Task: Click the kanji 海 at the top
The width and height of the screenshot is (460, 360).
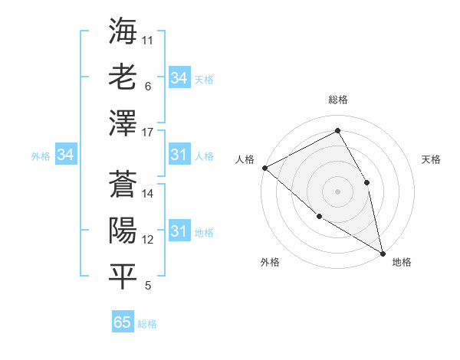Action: (x=123, y=31)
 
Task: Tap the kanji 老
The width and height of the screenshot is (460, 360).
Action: (x=123, y=77)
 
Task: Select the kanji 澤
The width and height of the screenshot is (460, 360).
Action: (x=123, y=123)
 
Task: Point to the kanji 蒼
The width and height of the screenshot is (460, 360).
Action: (x=123, y=183)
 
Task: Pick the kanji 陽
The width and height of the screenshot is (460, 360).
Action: (x=123, y=230)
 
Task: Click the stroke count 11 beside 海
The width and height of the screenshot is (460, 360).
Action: (x=148, y=40)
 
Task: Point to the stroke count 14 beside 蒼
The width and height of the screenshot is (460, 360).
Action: (x=149, y=194)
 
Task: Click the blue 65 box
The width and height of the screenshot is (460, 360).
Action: (x=123, y=322)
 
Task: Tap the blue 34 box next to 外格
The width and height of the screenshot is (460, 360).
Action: (x=65, y=155)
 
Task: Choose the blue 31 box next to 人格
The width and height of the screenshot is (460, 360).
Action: (x=179, y=155)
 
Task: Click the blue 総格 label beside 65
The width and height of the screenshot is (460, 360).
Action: (x=147, y=324)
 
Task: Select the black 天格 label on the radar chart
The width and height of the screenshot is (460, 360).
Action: (x=432, y=159)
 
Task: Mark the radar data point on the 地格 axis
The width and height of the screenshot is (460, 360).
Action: (x=382, y=253)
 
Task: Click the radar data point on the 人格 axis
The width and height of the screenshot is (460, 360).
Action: (x=264, y=168)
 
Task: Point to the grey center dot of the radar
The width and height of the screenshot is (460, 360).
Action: (x=337, y=191)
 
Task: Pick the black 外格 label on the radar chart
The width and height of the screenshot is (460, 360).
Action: (x=269, y=262)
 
